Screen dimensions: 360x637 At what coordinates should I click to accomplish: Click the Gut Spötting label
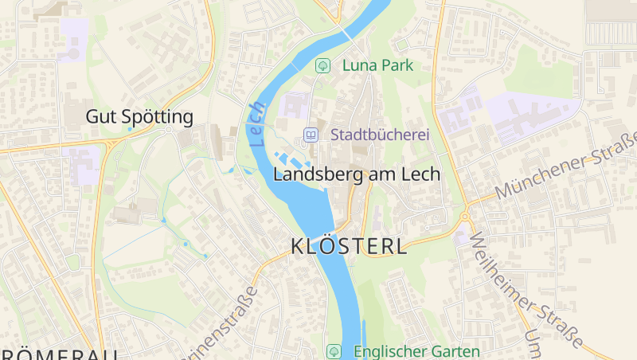139,117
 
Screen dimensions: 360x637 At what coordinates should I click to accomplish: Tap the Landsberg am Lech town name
356,174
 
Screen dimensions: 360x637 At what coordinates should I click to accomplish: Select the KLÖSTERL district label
350,246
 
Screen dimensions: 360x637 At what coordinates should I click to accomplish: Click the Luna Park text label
378,65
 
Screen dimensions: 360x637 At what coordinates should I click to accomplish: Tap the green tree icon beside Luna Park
322,65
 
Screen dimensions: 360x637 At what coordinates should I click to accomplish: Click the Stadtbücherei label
380,135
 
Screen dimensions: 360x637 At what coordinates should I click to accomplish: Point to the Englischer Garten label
416,351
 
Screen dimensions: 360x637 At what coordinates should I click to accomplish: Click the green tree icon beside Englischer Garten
334,351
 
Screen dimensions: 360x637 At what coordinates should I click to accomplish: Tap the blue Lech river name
257,124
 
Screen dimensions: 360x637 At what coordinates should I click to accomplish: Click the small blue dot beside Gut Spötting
130,128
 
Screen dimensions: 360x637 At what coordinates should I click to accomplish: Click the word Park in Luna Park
397,65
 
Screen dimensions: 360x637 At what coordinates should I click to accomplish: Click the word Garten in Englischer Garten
455,351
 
